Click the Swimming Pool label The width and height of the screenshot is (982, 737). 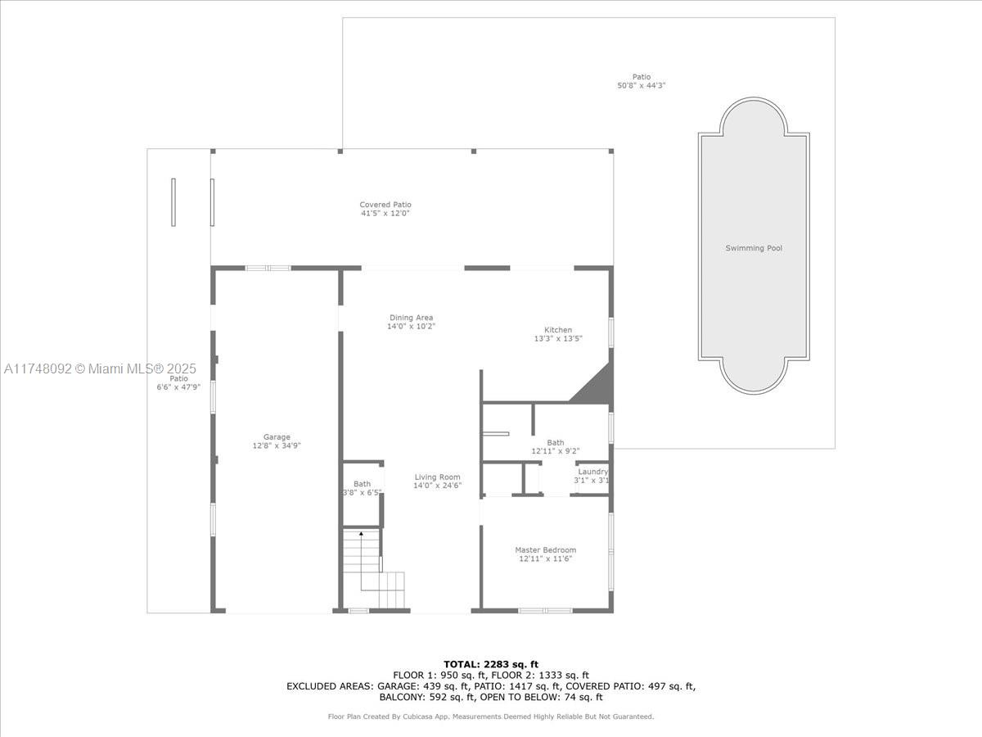754,248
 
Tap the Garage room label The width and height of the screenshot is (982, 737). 277,437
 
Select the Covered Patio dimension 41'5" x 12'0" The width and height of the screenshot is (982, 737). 385,214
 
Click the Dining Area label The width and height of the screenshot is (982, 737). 411,318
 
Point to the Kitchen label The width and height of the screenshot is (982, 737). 558,330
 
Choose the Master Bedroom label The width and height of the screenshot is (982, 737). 545,550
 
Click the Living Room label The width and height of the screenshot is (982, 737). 437,477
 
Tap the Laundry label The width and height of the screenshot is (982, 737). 592,472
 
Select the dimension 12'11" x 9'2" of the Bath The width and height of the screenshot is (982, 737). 556,451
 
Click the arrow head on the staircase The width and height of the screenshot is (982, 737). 362,534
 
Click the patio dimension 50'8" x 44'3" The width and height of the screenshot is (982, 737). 642,85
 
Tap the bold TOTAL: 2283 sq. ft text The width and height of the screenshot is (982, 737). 490,664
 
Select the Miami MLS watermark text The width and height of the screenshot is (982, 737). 95,368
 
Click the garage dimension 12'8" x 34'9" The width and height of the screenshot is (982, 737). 277,446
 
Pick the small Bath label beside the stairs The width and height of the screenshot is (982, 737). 362,484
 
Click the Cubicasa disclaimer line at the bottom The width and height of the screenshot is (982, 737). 490,717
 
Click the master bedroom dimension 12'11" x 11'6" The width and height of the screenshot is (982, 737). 545,559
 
